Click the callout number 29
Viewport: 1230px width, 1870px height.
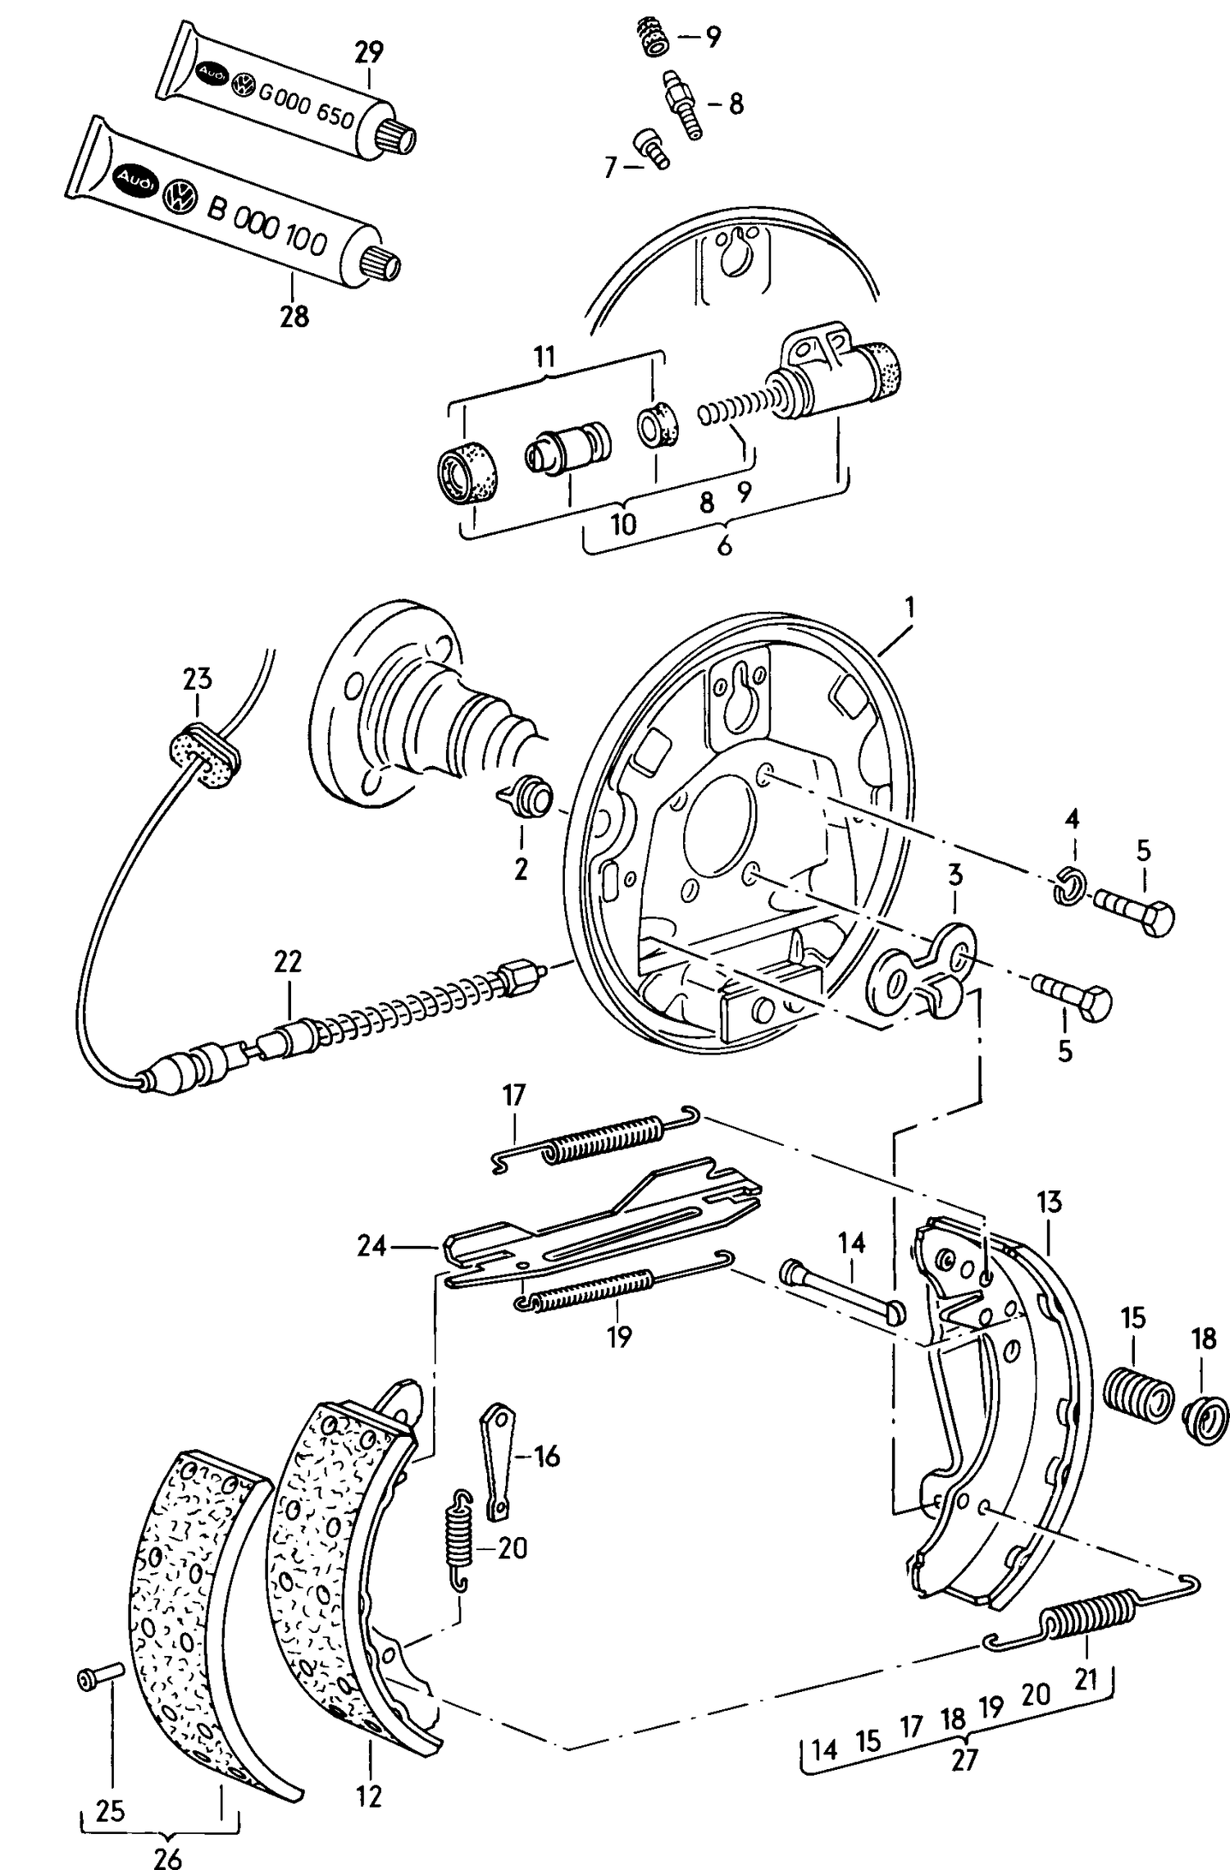(369, 52)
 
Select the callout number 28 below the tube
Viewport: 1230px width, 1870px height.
(294, 316)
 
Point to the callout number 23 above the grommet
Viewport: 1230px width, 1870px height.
(197, 679)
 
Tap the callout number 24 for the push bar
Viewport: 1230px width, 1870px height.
(371, 1247)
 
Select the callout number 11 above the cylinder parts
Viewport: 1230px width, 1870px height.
(544, 357)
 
